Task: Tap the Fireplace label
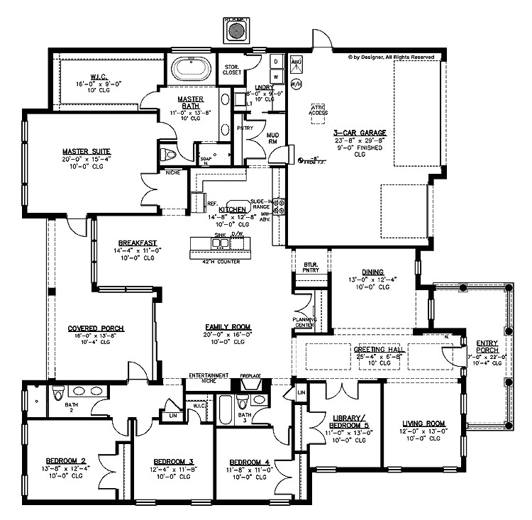(x=251, y=375)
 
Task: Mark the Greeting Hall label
(x=378, y=350)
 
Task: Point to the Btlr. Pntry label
(x=311, y=267)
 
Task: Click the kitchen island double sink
(x=220, y=243)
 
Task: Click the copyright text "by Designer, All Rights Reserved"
(x=398, y=56)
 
